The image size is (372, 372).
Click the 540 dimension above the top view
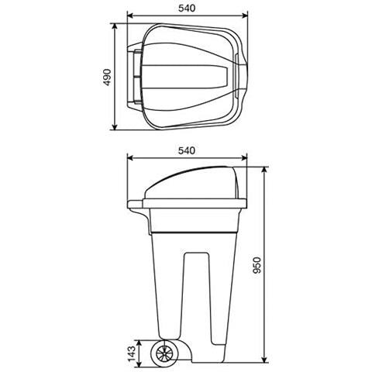[187, 9]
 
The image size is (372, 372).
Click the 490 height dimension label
[107, 77]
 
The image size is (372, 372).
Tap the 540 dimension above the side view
[187, 150]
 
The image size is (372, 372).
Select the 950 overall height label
[257, 265]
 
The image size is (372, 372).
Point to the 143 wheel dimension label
[132, 354]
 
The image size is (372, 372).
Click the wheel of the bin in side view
[164, 353]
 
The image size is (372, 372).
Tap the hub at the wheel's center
[164, 353]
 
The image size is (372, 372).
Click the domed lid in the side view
[192, 183]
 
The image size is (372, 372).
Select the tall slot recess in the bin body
[197, 298]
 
